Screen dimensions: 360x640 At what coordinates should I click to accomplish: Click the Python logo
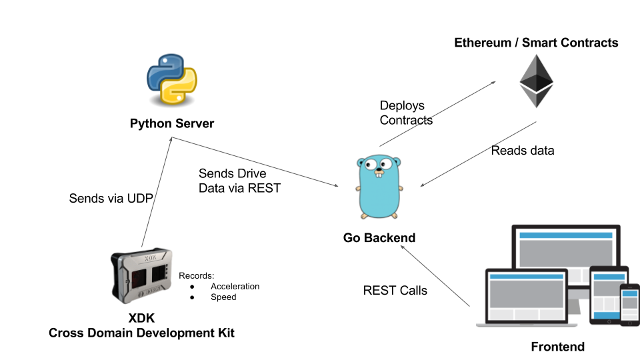[x=172, y=81]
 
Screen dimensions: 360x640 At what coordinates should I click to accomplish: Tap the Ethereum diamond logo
[x=536, y=81]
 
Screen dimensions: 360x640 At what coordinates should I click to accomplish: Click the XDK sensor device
[x=141, y=274]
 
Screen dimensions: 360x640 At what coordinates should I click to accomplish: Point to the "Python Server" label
[x=172, y=124]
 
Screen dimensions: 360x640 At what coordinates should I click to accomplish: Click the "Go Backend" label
[x=379, y=237]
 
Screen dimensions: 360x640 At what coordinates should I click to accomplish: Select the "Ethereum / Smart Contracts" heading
[x=536, y=43]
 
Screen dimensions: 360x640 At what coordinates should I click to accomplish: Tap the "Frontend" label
[x=557, y=347]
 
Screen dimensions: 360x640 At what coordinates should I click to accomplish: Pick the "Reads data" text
[x=523, y=151]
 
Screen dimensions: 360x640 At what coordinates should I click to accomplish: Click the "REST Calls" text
[x=395, y=291]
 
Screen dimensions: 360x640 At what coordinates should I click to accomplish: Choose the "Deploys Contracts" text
[x=406, y=113]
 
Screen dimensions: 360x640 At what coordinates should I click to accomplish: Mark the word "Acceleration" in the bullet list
[x=235, y=287]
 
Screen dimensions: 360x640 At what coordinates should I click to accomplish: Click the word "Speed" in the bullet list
[x=223, y=297]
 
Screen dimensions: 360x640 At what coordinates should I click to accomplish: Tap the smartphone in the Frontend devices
[x=629, y=305]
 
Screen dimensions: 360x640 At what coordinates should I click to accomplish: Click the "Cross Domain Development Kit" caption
[x=141, y=332]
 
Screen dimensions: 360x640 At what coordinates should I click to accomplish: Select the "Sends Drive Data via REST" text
[x=239, y=181]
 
